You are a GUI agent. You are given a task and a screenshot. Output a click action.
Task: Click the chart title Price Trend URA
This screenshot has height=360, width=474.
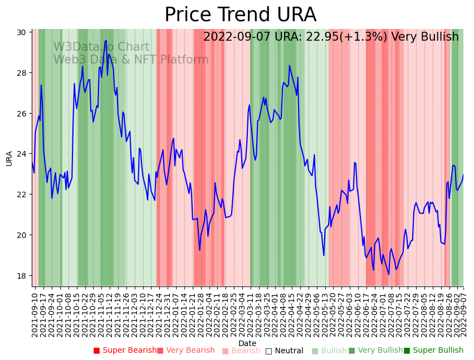(x=240, y=15)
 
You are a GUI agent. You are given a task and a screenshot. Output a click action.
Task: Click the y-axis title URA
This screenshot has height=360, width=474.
(x=9, y=158)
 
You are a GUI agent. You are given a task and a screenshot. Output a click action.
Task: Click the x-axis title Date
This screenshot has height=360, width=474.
(x=247, y=344)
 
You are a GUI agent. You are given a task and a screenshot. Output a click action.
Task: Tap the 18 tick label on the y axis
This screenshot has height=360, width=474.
(x=22, y=276)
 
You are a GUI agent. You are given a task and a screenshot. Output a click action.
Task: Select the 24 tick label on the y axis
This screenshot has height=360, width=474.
(x=22, y=154)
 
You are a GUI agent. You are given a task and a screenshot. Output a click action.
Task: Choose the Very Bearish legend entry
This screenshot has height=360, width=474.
(x=186, y=351)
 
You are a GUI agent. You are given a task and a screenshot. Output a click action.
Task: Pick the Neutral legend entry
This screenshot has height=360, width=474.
(x=285, y=351)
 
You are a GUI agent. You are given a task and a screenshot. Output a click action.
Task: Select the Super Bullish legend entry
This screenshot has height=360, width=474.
(x=434, y=351)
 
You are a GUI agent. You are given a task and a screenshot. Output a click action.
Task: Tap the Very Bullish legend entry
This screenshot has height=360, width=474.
(x=376, y=351)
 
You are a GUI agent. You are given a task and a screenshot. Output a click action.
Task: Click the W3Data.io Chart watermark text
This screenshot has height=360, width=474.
(x=101, y=47)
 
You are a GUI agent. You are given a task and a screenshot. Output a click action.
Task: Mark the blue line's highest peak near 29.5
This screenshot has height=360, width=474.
(x=106, y=41)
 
